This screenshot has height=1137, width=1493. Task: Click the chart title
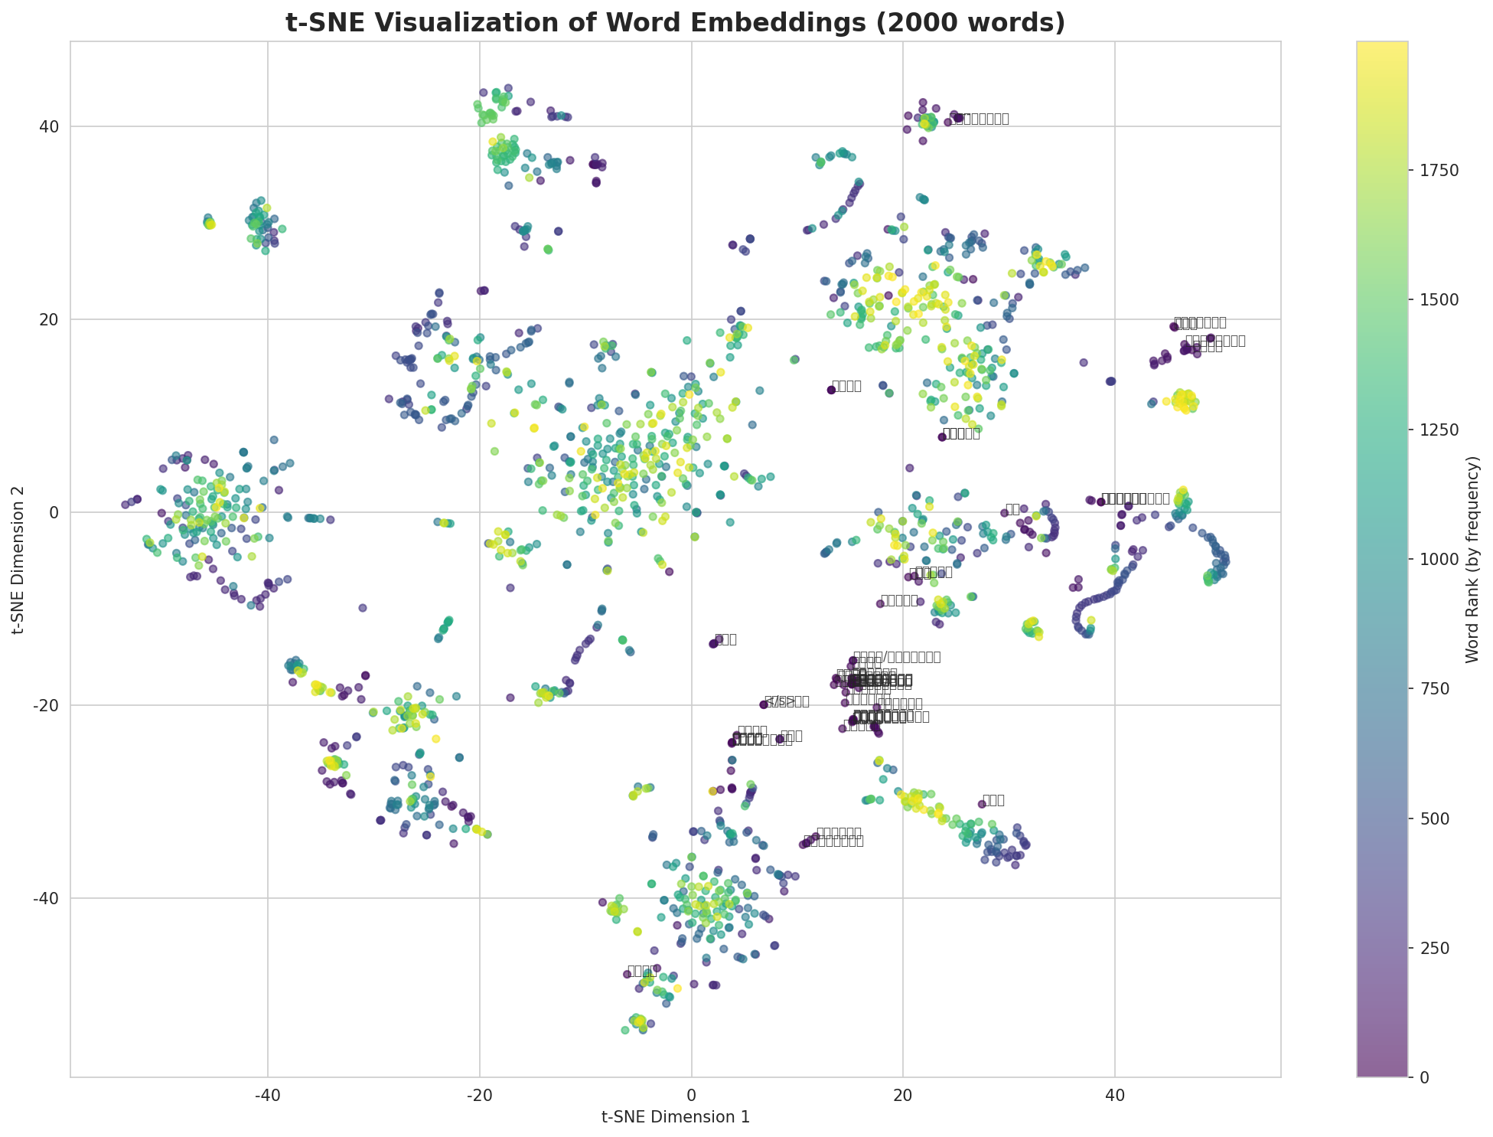[x=675, y=23]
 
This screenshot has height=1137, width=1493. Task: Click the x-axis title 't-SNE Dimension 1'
[x=675, y=1117]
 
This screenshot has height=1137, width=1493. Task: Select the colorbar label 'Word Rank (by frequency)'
[x=1472, y=559]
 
